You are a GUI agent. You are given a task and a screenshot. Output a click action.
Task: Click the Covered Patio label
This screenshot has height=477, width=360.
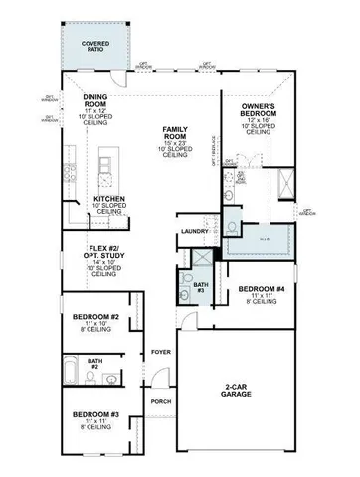click(96, 47)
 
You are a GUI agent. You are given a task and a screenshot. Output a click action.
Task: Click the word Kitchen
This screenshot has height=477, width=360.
click(108, 199)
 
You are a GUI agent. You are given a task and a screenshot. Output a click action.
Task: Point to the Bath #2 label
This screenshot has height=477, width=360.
click(94, 364)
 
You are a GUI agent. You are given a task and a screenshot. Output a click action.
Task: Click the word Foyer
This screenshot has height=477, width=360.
click(159, 353)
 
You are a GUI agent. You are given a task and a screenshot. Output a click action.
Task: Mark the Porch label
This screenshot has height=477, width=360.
click(159, 402)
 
